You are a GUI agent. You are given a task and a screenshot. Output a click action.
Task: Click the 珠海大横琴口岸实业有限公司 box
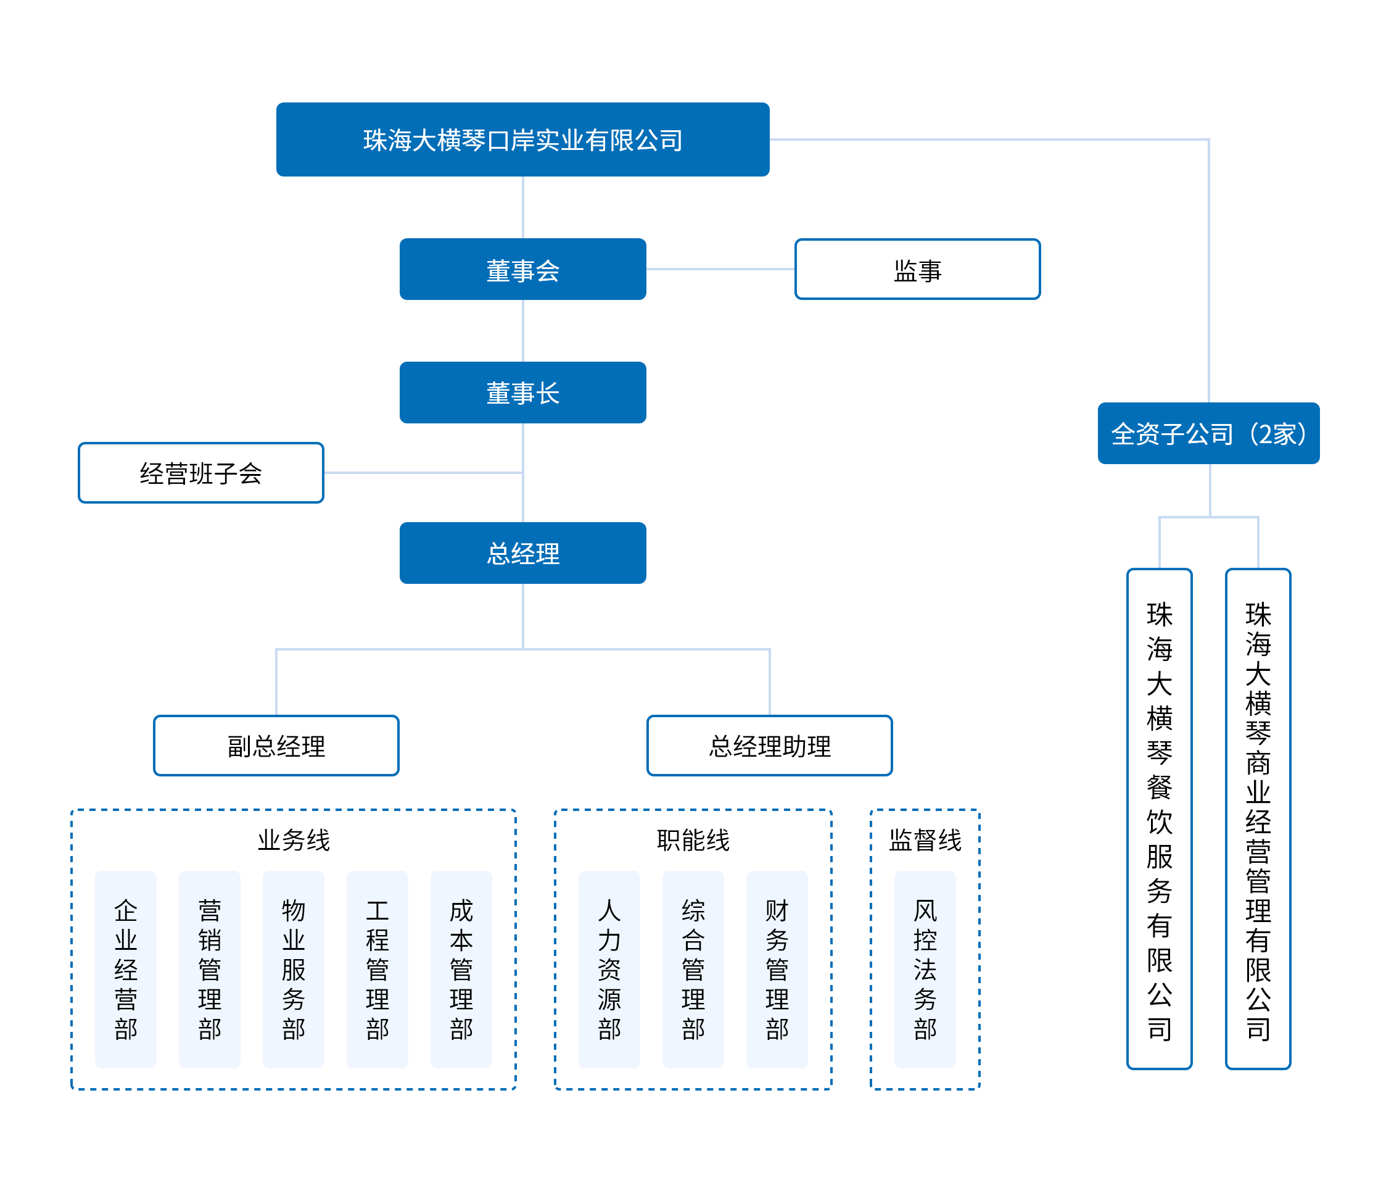(x=522, y=139)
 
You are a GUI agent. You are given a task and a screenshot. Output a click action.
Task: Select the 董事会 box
(x=522, y=269)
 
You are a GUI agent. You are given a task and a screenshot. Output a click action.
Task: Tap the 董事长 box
(x=522, y=393)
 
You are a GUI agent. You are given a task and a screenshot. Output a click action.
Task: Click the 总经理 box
(x=522, y=553)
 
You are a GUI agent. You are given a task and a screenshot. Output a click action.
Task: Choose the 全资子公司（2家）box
(x=1208, y=433)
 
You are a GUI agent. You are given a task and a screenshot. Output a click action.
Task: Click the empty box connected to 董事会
(x=917, y=269)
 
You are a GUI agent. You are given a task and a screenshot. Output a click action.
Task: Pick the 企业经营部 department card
(x=126, y=969)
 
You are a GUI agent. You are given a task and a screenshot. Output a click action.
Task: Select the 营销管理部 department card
(x=210, y=969)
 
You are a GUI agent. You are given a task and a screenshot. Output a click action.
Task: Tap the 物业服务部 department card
(x=294, y=969)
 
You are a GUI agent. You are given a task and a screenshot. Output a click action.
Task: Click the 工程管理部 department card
(x=377, y=969)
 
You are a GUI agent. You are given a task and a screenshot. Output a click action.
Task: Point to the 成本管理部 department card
(x=461, y=969)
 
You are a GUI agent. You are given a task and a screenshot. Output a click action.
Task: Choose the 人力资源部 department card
(x=609, y=969)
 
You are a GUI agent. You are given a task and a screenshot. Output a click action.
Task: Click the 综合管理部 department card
(x=693, y=969)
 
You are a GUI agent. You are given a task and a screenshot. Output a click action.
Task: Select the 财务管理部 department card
(x=777, y=969)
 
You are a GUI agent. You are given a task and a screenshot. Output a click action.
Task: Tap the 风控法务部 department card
(x=925, y=969)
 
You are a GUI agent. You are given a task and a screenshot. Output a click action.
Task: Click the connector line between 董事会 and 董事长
(x=523, y=331)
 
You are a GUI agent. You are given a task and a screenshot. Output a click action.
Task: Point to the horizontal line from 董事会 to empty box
(x=720, y=268)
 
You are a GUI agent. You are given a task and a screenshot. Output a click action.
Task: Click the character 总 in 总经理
(x=499, y=554)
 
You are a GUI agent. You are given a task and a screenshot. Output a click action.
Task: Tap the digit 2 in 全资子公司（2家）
(x=1266, y=434)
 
